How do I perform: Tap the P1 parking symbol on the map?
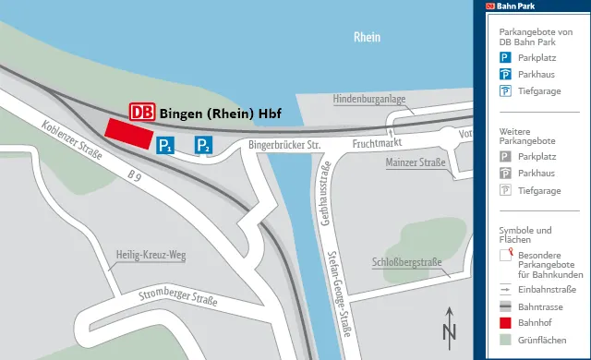click(x=165, y=145)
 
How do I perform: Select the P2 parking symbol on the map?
click(x=204, y=145)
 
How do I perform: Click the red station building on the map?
click(x=129, y=132)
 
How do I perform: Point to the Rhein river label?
click(x=368, y=38)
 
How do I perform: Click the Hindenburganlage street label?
click(x=368, y=99)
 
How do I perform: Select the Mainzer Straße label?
click(x=414, y=163)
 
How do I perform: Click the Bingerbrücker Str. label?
click(x=283, y=145)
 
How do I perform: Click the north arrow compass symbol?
click(x=449, y=325)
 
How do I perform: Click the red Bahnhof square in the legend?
click(x=505, y=323)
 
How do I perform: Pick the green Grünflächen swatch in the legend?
click(x=505, y=341)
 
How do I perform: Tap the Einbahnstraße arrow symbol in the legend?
click(x=505, y=289)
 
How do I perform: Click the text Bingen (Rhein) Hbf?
click(x=220, y=114)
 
